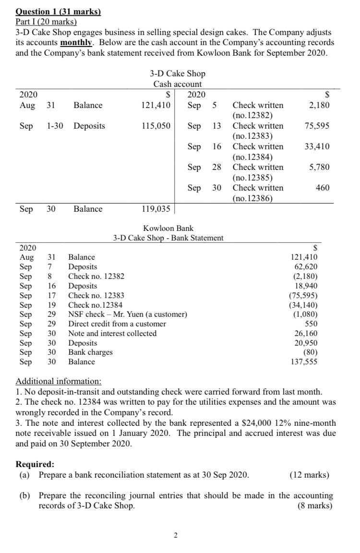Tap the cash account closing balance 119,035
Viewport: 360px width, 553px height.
(x=155, y=209)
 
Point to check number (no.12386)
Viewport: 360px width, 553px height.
(x=253, y=198)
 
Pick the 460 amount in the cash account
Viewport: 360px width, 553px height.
(x=323, y=188)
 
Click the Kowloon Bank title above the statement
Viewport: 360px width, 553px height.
(x=168, y=228)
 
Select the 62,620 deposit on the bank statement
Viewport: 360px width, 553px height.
(x=305, y=266)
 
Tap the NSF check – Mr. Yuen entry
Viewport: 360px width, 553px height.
(x=127, y=314)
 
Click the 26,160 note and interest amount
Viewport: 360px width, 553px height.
(x=305, y=334)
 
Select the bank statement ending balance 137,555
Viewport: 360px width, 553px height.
(x=303, y=362)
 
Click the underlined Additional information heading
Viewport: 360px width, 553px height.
(x=59, y=382)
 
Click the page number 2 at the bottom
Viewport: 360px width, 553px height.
(x=175, y=535)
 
